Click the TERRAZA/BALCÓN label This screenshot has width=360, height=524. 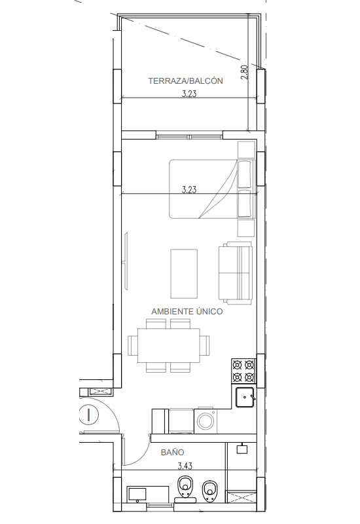[185, 81]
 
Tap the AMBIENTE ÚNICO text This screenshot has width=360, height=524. [187, 312]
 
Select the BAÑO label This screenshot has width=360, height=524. [172, 453]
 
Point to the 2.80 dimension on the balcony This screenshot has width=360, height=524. [244, 72]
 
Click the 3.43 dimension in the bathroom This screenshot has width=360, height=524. [185, 466]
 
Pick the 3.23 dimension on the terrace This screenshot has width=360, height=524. [189, 94]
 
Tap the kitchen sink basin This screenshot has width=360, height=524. [245, 398]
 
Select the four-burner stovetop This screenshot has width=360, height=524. [243, 371]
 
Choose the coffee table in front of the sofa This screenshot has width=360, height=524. [184, 273]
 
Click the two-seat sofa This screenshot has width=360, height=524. [236, 273]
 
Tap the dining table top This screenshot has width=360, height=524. [169, 346]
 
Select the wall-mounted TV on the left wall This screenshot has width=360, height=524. [126, 261]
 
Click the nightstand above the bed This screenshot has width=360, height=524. [246, 149]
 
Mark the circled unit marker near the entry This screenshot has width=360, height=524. [89, 415]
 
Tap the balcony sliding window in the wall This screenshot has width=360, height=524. [189, 137]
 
